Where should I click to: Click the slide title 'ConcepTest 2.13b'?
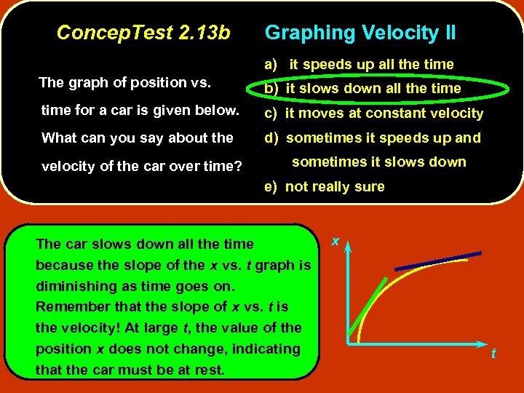(x=143, y=33)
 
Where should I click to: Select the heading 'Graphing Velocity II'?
(x=360, y=33)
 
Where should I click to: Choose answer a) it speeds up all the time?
(x=359, y=64)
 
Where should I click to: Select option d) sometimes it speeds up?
(x=373, y=138)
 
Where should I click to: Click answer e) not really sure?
(x=325, y=186)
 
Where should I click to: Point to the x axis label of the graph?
(x=336, y=240)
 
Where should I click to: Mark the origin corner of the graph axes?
(x=349, y=341)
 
